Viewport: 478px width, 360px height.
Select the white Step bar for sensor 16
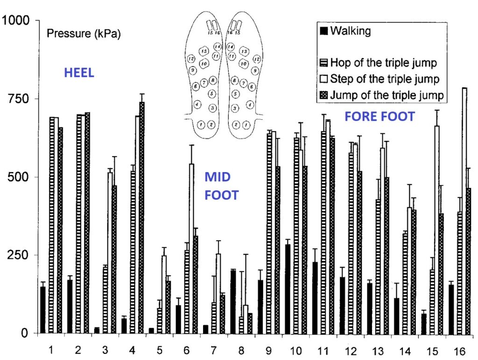[464, 210]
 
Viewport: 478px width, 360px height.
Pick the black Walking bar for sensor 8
[233, 302]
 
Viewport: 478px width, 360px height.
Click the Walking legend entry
[350, 31]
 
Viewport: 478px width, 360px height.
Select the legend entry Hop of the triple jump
[383, 62]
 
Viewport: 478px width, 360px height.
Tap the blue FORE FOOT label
[380, 117]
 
